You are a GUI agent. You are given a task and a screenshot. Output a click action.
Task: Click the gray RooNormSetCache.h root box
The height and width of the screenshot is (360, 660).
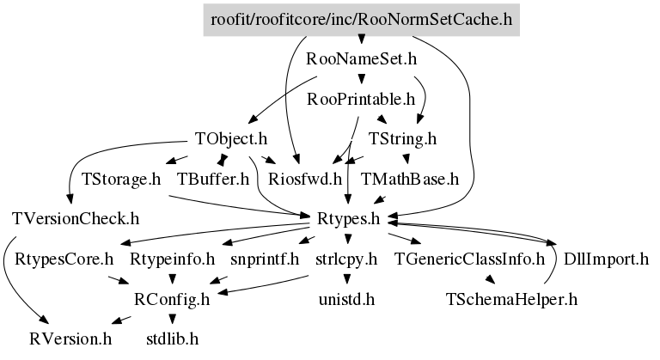click(361, 20)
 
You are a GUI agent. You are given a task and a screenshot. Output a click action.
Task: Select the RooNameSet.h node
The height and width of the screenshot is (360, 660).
click(361, 59)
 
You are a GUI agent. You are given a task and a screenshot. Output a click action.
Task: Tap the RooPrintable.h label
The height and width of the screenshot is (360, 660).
click(361, 100)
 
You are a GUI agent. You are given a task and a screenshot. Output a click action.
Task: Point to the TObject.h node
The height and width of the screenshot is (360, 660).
click(231, 138)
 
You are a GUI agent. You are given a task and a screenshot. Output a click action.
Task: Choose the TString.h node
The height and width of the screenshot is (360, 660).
click(402, 138)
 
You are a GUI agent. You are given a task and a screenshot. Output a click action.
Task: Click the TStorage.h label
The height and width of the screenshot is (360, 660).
click(121, 179)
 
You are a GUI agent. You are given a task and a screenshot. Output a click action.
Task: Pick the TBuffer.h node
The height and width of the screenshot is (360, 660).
click(213, 179)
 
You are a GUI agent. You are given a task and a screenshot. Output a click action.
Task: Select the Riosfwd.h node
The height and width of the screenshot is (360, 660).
click(305, 179)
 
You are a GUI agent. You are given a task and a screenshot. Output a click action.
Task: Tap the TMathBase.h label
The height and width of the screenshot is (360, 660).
click(410, 179)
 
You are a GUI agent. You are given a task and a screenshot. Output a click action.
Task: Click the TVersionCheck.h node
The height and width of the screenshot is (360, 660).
click(76, 219)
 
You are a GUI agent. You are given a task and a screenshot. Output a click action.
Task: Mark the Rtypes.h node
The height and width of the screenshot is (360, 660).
click(348, 219)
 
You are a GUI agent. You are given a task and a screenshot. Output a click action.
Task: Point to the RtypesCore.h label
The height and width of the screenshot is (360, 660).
click(64, 259)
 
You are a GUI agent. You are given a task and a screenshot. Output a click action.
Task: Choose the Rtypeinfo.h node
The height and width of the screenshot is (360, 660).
click(172, 259)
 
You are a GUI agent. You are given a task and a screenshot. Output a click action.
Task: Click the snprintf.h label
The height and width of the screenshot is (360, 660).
click(265, 259)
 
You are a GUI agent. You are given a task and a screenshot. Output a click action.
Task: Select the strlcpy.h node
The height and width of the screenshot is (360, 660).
click(346, 259)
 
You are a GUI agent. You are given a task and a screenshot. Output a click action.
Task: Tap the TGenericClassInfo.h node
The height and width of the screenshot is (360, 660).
click(469, 259)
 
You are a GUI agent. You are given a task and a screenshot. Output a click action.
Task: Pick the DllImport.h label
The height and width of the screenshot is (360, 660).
click(606, 259)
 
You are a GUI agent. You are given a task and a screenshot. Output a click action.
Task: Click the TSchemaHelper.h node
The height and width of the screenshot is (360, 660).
click(511, 299)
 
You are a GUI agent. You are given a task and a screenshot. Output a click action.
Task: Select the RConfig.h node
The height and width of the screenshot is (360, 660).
click(172, 299)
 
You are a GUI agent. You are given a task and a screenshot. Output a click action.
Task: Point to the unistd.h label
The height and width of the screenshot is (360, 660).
click(346, 299)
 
